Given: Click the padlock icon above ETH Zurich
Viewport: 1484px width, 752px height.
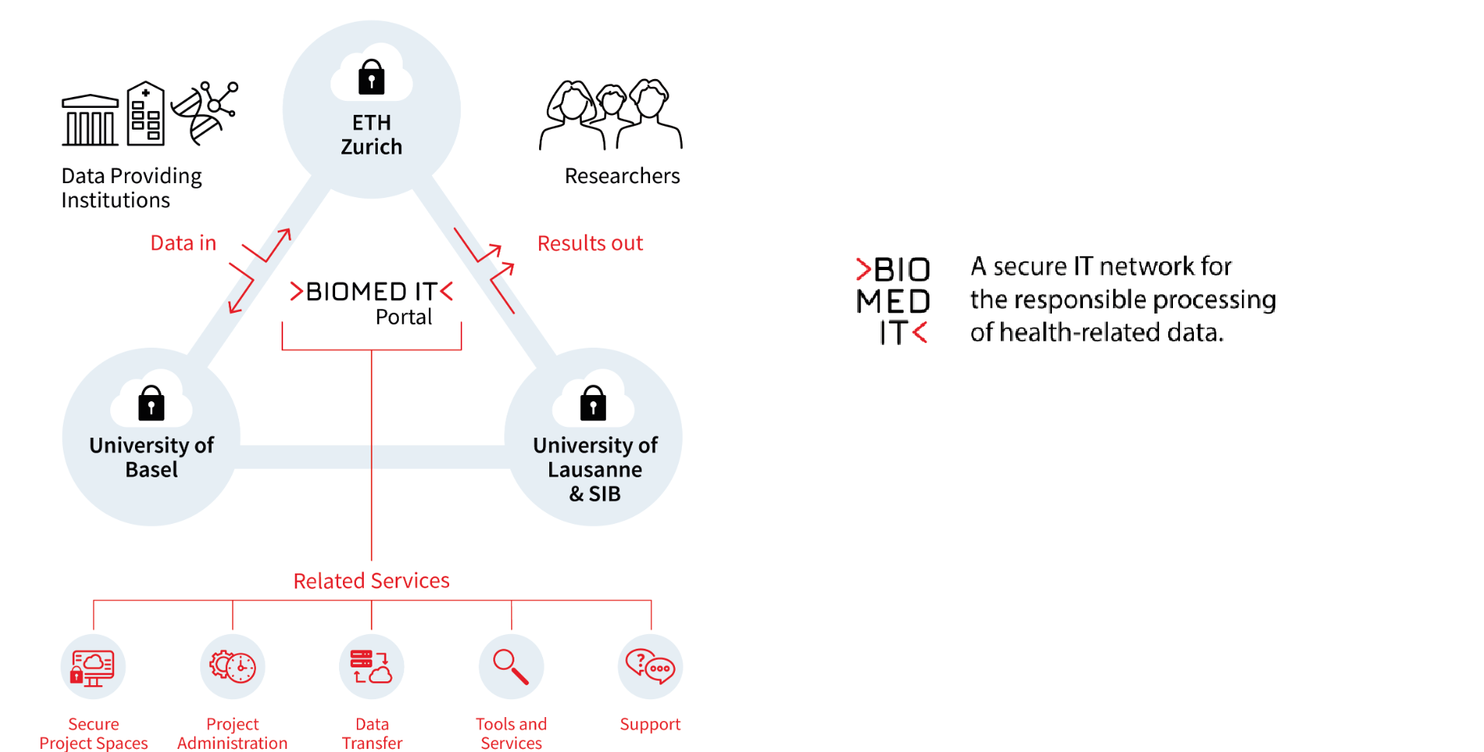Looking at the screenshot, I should click(x=372, y=78).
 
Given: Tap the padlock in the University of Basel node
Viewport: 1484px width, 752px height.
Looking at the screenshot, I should click(x=151, y=404).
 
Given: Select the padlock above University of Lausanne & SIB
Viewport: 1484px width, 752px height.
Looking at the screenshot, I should click(x=593, y=404).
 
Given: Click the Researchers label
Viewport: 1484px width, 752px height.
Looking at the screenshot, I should click(x=622, y=176).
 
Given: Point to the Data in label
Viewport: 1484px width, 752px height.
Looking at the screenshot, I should click(x=183, y=243).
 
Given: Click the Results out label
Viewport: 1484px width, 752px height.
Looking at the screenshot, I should click(x=590, y=243).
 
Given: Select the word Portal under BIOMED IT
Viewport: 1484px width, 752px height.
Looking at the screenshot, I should click(x=403, y=317).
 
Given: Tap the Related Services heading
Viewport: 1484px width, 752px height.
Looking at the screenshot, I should click(x=372, y=580).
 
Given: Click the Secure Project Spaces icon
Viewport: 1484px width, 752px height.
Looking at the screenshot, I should click(x=93, y=667).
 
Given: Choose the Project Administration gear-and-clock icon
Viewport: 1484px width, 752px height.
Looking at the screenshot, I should click(x=233, y=667).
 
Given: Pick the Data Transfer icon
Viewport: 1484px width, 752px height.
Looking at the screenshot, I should click(x=372, y=667).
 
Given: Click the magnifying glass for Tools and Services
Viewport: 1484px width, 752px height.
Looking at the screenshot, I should click(x=511, y=667).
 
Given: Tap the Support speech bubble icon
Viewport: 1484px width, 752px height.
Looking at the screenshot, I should click(x=650, y=667).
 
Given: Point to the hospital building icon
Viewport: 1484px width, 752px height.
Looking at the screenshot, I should click(x=146, y=114).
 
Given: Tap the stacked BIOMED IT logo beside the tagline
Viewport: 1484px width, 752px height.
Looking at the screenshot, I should click(x=893, y=300).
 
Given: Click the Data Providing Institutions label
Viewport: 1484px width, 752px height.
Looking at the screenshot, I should click(x=131, y=188).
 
